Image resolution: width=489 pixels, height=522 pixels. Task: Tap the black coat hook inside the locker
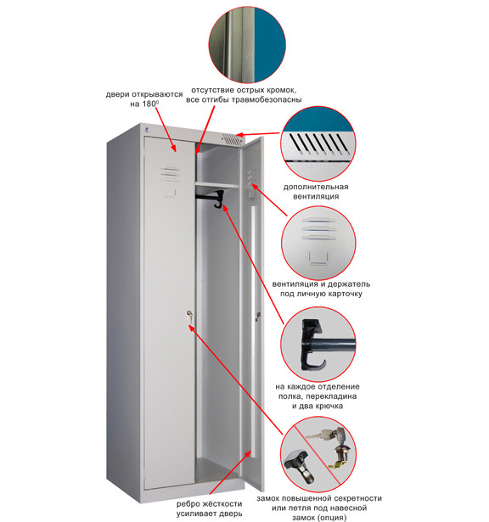click(x=219, y=199)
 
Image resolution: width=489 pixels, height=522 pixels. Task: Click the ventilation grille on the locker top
click(x=232, y=139)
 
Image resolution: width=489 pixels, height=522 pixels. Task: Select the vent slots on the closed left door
click(x=171, y=173)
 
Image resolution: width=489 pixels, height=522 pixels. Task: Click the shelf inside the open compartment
click(x=217, y=185)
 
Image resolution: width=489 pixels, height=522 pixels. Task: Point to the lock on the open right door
click(x=257, y=316)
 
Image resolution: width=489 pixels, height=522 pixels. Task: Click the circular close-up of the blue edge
click(x=247, y=44)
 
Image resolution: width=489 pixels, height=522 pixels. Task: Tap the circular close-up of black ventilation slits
click(x=318, y=143)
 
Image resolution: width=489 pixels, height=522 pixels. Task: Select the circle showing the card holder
click(x=318, y=243)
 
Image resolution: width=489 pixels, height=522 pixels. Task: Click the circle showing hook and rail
click(x=318, y=345)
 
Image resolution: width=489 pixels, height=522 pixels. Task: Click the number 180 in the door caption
click(x=149, y=104)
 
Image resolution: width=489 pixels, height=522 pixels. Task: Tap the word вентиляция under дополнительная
click(x=316, y=196)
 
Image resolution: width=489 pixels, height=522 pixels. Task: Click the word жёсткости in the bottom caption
click(x=219, y=504)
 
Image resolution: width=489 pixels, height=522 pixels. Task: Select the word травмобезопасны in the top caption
click(x=267, y=100)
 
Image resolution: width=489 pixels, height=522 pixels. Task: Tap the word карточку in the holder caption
click(x=345, y=294)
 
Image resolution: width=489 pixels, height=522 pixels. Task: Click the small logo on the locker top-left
click(x=147, y=130)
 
